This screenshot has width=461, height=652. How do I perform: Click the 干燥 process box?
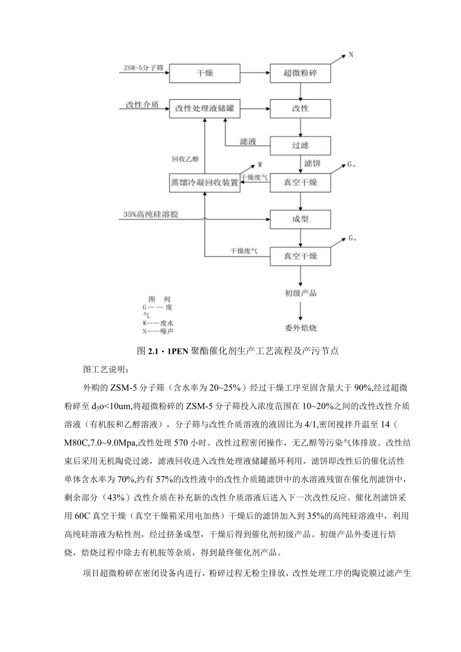pyautogui.click(x=204, y=73)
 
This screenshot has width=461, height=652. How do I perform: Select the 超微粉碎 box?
pyautogui.click(x=300, y=73)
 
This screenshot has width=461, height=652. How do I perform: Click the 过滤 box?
pyautogui.click(x=300, y=146)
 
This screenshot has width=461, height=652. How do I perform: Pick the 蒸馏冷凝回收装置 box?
pyautogui.click(x=204, y=183)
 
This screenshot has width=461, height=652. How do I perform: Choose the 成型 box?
pyautogui.click(x=300, y=219)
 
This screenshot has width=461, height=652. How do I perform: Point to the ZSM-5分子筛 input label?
pyautogui.click(x=143, y=67)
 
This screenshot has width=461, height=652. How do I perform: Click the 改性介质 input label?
pyautogui.click(x=142, y=105)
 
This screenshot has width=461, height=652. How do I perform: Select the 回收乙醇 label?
pyautogui.click(x=185, y=159)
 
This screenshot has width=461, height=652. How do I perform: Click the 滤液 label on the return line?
pyautogui.click(x=248, y=142)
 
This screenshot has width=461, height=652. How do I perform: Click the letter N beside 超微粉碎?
pyautogui.click(x=351, y=55)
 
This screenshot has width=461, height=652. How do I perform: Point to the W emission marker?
pyautogui.click(x=260, y=164)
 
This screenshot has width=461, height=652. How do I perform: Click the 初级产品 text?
pyautogui.click(x=300, y=293)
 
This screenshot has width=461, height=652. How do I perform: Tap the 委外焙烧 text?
pyautogui.click(x=300, y=329)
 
